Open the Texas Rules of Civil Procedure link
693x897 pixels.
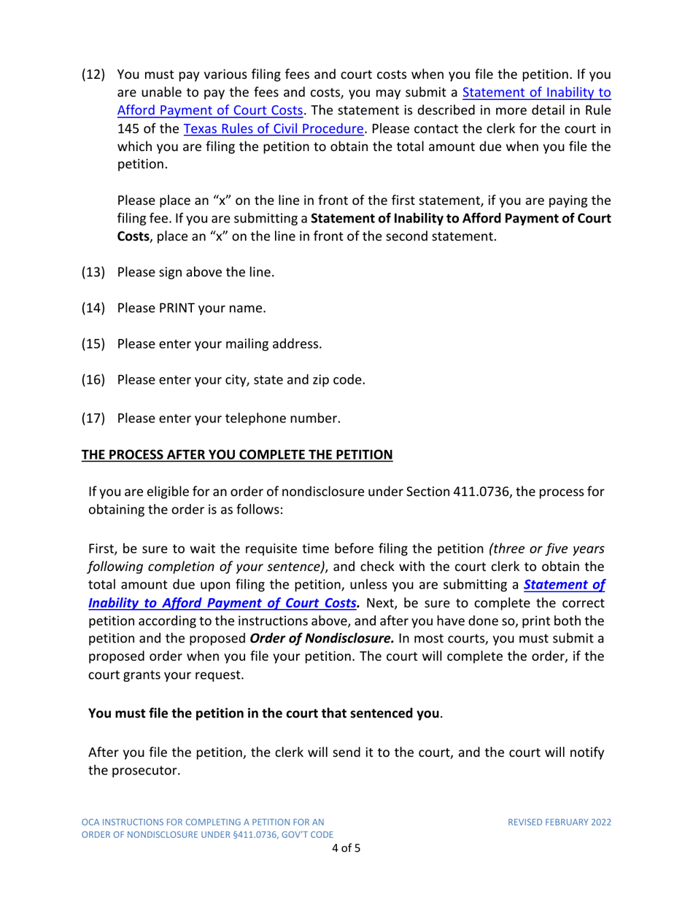[273, 129]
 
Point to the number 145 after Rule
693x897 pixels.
[128, 129]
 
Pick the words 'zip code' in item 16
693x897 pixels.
[341, 379]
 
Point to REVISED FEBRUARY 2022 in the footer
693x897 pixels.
[560, 822]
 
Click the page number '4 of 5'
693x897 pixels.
[346, 848]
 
